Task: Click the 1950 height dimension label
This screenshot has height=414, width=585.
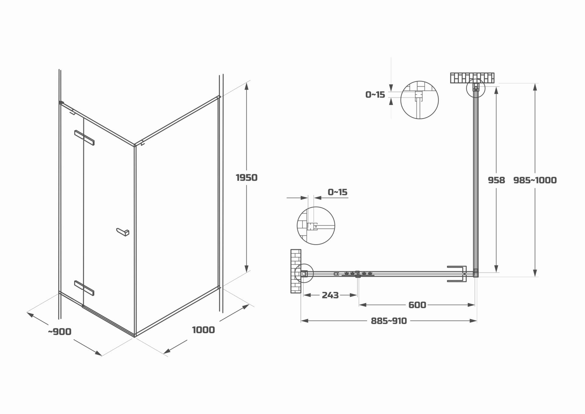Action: pyautogui.click(x=246, y=177)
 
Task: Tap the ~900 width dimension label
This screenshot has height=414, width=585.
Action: pyautogui.click(x=60, y=332)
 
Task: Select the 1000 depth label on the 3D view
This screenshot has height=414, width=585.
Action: pyautogui.click(x=203, y=330)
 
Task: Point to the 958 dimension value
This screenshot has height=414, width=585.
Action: pyautogui.click(x=496, y=180)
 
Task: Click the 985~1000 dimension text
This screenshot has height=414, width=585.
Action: pyautogui.click(x=535, y=180)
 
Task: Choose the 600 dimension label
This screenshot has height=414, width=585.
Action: pyautogui.click(x=417, y=305)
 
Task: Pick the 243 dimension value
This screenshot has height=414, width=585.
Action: pyautogui.click(x=330, y=295)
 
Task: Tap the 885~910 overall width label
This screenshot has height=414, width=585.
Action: pyautogui.click(x=389, y=321)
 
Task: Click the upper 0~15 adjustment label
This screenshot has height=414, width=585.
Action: pyautogui.click(x=375, y=95)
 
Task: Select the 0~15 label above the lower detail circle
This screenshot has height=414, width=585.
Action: pyautogui.click(x=337, y=192)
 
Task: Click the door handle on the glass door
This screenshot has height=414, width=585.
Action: pyautogui.click(x=123, y=232)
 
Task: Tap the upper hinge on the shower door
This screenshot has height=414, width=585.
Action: pyautogui.click(x=84, y=138)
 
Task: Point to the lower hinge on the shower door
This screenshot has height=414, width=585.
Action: pyautogui.click(x=84, y=288)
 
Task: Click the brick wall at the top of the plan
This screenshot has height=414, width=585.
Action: pyautogui.click(x=472, y=78)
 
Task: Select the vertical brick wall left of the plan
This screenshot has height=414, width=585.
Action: pyautogui.click(x=296, y=271)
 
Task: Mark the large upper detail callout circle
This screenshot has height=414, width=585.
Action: pyautogui.click(x=419, y=100)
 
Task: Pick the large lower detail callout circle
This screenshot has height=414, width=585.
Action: pyautogui.click(x=316, y=226)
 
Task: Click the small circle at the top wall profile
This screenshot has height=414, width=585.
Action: pyautogui.click(x=475, y=88)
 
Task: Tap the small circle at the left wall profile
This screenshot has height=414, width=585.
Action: pyautogui.click(x=304, y=273)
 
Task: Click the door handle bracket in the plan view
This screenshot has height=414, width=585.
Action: pyautogui.click(x=457, y=274)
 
